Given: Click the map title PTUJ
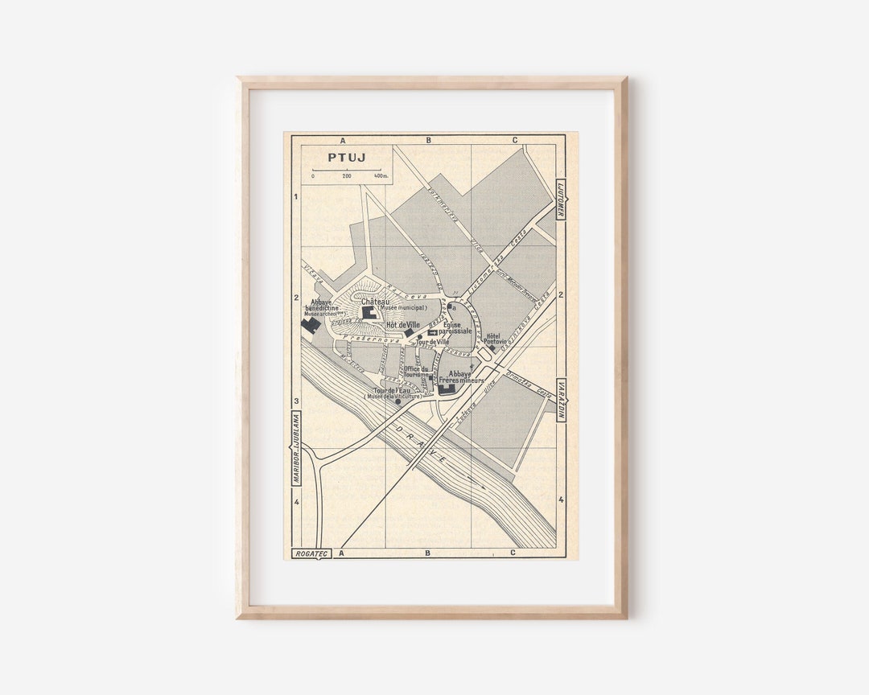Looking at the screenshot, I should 347,157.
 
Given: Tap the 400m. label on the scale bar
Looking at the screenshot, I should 381,175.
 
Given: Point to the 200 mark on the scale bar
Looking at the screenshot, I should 347,175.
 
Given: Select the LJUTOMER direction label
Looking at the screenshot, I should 561,199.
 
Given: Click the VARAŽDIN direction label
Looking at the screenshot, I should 562,400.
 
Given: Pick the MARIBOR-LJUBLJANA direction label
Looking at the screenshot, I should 295,449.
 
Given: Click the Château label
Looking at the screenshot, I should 376,302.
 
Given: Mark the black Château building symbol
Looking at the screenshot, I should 369,312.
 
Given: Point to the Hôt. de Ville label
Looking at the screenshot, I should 403,324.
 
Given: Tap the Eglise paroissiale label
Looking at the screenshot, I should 455,328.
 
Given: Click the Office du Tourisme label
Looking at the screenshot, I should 416,372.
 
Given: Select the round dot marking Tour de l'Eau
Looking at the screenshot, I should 397,401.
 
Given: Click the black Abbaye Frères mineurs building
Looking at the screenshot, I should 447,389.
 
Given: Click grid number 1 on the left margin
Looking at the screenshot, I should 296,196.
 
